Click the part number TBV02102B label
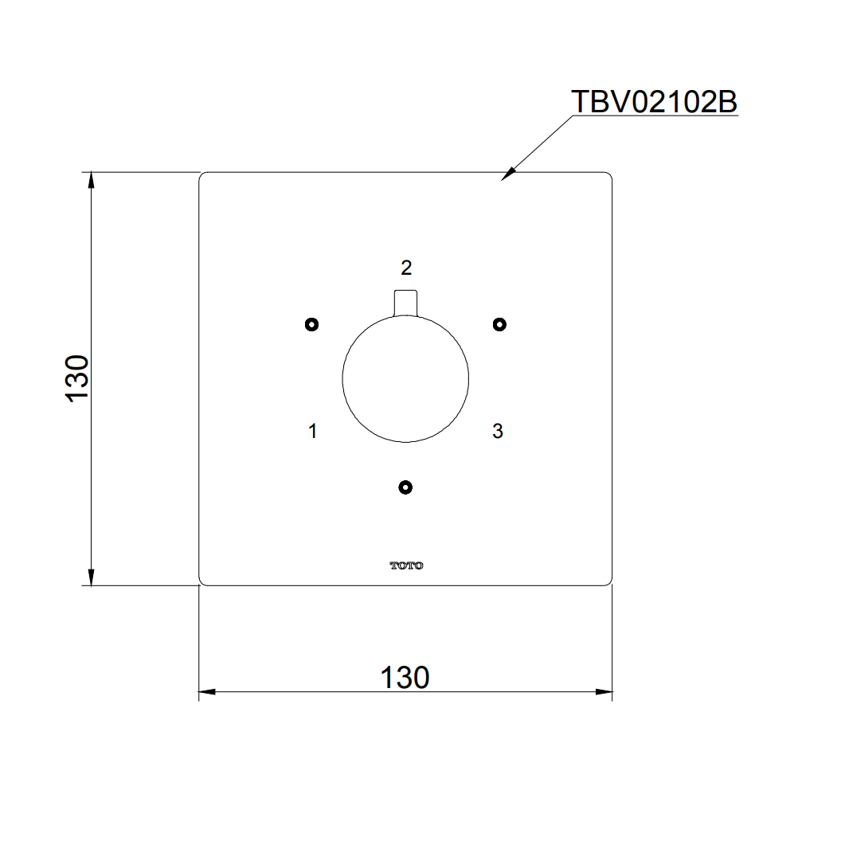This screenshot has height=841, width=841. point(654,101)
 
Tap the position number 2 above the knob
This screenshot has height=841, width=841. point(406,268)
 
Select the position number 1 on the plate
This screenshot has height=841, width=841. point(313,432)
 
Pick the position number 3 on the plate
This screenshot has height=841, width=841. point(498,432)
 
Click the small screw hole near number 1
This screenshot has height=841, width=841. point(311,324)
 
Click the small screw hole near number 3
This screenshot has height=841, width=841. point(499,324)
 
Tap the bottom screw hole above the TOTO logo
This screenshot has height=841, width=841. point(405,487)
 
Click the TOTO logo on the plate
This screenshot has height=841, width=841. point(406,565)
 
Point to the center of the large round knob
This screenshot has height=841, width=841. point(405,379)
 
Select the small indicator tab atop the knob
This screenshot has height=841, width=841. point(405,303)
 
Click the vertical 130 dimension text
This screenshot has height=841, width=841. point(78,379)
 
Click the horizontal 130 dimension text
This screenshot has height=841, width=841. point(405,678)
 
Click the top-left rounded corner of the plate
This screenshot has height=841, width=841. point(201,175)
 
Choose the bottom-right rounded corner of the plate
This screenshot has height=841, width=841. point(609,582)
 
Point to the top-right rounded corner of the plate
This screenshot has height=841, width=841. point(609,175)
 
